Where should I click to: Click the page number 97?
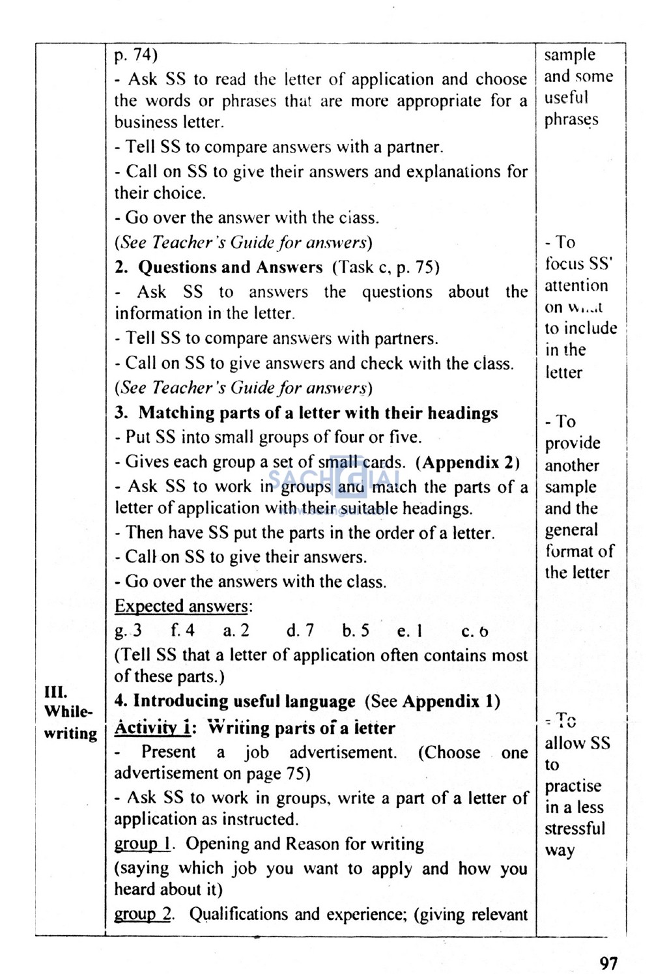pyautogui.click(x=608, y=962)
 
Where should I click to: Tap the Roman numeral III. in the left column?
pyautogui.click(x=55, y=691)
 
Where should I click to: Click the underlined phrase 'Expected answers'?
pyautogui.click(x=181, y=606)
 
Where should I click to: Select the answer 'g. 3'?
pyautogui.click(x=128, y=631)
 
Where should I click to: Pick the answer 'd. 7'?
pyautogui.click(x=300, y=631)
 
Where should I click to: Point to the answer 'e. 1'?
pyautogui.click(x=410, y=631)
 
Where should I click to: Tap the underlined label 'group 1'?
pyautogui.click(x=142, y=844)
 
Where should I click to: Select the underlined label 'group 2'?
pyautogui.click(x=142, y=914)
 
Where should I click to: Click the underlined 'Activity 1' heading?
pyautogui.click(x=152, y=728)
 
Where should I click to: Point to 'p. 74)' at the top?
pyautogui.click(x=135, y=55)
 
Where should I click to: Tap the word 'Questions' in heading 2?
pyautogui.click(x=178, y=267)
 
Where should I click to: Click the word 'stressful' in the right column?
pyautogui.click(x=575, y=829)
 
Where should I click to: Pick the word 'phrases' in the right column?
pyautogui.click(x=571, y=120)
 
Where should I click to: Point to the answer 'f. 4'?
pyautogui.click(x=182, y=631)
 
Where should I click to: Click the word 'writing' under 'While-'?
pyautogui.click(x=70, y=734)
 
